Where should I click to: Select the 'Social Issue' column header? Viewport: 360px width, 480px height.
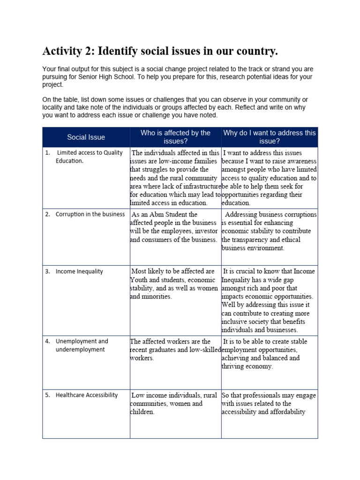pyautogui.click(x=86, y=137)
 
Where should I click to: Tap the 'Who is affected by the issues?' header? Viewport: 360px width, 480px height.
pyautogui.click(x=175, y=137)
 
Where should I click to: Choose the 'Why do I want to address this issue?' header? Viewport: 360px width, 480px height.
pyautogui.click(x=270, y=137)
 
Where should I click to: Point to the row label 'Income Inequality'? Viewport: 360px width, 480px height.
pyautogui.click(x=79, y=271)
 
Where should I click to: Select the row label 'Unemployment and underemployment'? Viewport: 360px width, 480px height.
pyautogui.click(x=82, y=345)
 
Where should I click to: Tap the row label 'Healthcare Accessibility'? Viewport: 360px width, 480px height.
pyautogui.click(x=87, y=395)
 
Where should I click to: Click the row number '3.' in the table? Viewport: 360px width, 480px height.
pyautogui.click(x=47, y=271)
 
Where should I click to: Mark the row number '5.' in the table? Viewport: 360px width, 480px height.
pyautogui.click(x=47, y=395)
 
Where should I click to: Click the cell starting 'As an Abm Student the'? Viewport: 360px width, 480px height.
pyautogui.click(x=174, y=227)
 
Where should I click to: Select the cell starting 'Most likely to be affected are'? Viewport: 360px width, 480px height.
pyautogui.click(x=174, y=284)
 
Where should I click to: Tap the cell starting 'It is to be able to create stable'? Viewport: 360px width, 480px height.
pyautogui.click(x=267, y=354)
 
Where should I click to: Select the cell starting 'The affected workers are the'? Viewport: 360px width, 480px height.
pyautogui.click(x=174, y=350)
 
